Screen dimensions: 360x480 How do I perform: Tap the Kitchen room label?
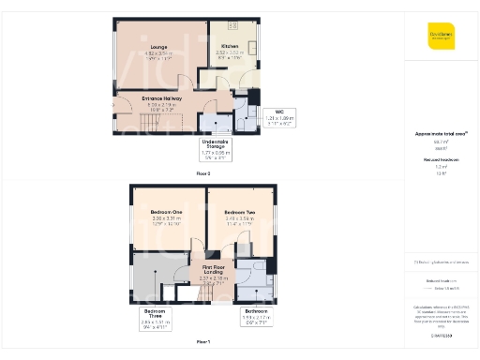(230, 45)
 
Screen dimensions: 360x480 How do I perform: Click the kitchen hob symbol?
(232, 24)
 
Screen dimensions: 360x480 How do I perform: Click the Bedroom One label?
(166, 212)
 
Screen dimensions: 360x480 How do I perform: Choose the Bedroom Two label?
(241, 212)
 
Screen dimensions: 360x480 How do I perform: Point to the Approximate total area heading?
(441, 134)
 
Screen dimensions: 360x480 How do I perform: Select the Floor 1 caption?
(203, 341)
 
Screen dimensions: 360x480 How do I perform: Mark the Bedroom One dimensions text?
(166, 220)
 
